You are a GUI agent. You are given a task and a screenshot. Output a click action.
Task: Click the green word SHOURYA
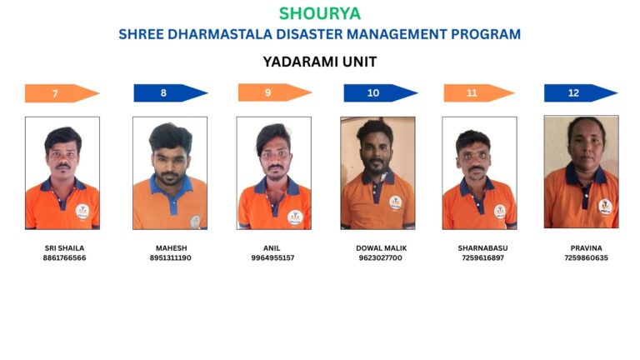320,13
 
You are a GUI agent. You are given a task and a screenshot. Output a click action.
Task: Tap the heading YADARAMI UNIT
320,62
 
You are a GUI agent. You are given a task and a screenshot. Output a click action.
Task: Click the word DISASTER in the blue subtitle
309,34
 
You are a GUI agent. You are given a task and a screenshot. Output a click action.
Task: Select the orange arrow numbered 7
62,93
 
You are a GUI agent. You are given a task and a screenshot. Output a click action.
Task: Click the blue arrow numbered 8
171,93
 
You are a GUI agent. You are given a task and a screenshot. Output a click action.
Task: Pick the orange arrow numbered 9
275,92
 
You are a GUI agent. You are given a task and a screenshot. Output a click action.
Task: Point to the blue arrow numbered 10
381,93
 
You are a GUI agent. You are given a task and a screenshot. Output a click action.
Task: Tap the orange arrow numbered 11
479,93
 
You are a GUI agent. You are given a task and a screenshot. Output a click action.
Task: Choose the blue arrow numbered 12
581,93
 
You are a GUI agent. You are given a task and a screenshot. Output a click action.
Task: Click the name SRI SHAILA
64,248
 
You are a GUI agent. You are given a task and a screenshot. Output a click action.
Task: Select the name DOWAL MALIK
381,248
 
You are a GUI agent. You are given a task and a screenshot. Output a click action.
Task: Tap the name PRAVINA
586,248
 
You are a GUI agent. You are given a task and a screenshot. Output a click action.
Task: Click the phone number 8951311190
170,258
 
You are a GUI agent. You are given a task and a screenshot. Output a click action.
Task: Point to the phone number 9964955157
272,258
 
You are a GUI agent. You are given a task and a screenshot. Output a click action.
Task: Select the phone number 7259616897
482,258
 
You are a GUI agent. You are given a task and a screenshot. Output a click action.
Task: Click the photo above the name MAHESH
170,173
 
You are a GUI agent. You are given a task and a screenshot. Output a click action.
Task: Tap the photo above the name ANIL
274,173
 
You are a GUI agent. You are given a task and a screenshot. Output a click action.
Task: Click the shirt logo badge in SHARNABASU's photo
500,212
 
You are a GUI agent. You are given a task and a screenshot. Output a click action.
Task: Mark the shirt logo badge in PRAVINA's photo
605,207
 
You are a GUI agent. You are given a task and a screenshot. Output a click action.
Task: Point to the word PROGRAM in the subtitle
486,34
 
